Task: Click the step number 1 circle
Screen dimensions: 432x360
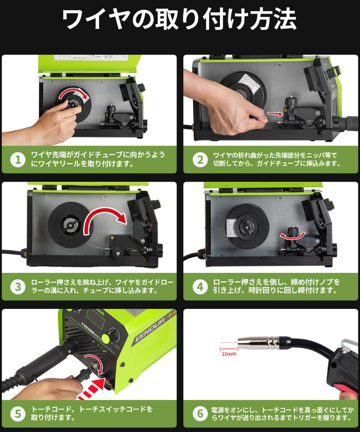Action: pyautogui.click(x=18, y=160)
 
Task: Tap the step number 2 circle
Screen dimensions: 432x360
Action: pyautogui.click(x=200, y=160)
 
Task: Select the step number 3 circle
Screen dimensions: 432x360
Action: pyautogui.click(x=18, y=287)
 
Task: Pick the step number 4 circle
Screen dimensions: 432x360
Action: pyautogui.click(x=200, y=287)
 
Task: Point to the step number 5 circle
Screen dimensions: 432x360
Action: pyautogui.click(x=18, y=414)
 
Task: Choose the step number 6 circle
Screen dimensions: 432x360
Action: pyautogui.click(x=200, y=414)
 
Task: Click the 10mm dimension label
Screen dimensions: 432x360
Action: pyautogui.click(x=229, y=353)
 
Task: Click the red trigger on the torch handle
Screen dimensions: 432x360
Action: pyautogui.click(x=345, y=387)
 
